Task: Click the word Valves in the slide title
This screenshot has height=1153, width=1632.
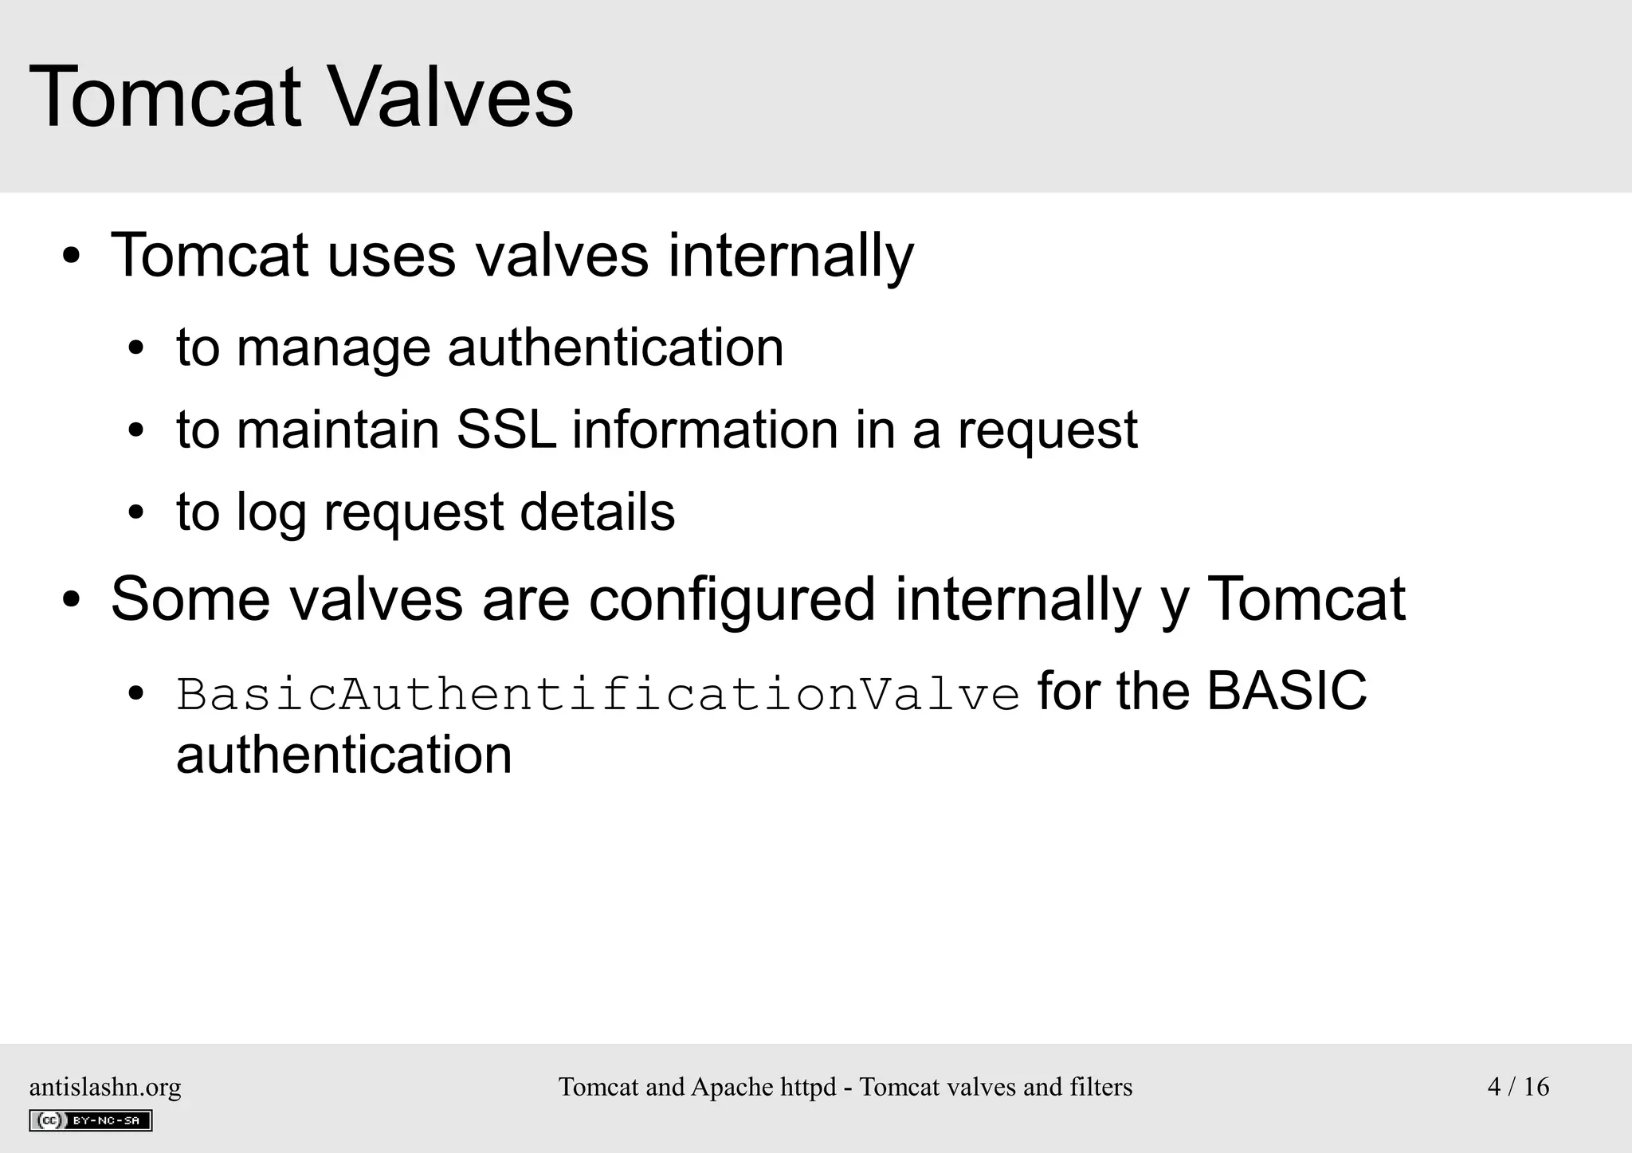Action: point(450,97)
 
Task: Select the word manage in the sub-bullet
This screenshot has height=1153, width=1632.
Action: point(332,348)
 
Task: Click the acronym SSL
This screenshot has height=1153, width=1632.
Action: point(505,429)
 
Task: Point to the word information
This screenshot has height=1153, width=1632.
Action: point(704,429)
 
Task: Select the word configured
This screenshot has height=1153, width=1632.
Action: point(732,599)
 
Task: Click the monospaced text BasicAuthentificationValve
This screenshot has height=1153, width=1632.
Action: point(598,693)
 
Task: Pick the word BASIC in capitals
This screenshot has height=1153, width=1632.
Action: point(1286,690)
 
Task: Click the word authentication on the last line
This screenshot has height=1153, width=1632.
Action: point(343,755)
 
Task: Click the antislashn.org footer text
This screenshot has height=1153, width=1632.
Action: point(105,1087)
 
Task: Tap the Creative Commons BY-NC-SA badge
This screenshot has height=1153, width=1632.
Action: point(91,1120)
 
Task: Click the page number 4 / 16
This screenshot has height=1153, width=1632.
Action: point(1518,1087)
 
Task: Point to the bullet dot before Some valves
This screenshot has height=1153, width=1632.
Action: point(72,601)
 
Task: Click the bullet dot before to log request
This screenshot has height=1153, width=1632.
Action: point(136,512)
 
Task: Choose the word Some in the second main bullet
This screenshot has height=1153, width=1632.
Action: point(190,599)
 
